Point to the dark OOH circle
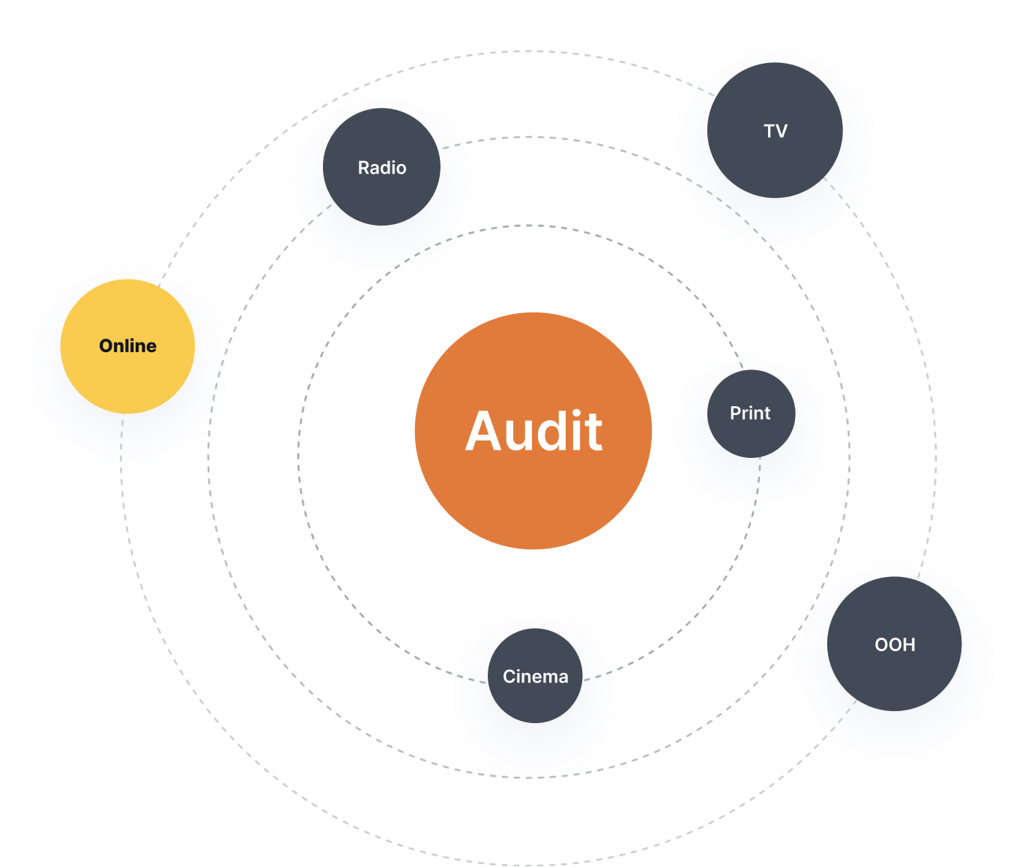click(894, 674)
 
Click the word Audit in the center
click(533, 432)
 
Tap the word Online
click(127, 345)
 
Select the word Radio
click(381, 168)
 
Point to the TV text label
click(775, 131)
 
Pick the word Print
click(750, 413)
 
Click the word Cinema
click(535, 677)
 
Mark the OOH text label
click(895, 644)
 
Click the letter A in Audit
click(485, 432)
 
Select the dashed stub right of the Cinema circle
click(598, 675)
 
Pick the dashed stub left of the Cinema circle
click(471, 679)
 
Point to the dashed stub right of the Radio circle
click(452, 145)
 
